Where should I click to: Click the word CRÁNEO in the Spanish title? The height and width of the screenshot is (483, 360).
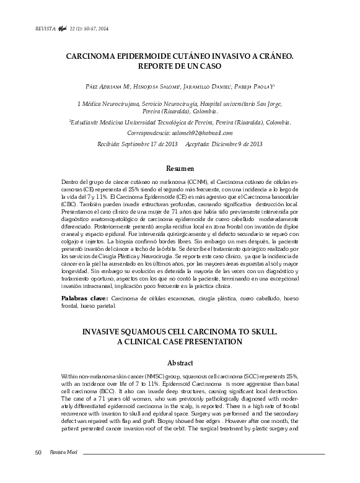[271, 56]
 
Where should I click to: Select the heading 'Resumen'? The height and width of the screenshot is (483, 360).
[180, 168]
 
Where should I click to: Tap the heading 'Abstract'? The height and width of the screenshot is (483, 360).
[180, 363]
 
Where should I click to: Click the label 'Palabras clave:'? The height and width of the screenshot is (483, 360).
[85, 298]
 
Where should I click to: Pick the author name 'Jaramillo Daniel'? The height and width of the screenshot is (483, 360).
[214, 88]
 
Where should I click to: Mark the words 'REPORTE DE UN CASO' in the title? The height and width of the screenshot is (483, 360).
[180, 66]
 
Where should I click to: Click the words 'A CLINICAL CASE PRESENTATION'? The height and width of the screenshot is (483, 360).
[180, 342]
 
